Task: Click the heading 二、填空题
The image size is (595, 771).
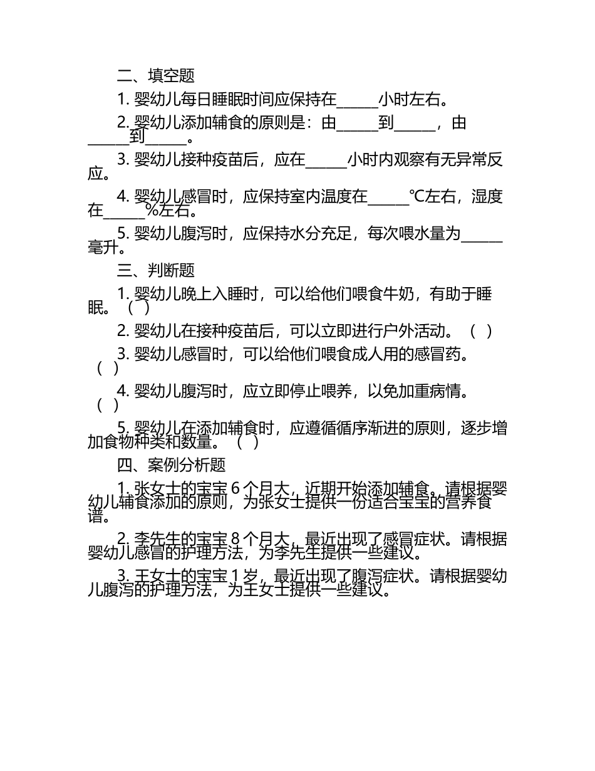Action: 156,76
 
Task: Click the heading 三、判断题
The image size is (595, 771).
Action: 156,270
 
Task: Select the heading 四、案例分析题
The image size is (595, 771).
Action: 172,465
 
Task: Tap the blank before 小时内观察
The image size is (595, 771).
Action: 326,160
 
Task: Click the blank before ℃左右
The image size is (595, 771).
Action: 388,197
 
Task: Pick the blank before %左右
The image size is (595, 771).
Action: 123,211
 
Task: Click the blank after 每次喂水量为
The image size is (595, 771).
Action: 482,234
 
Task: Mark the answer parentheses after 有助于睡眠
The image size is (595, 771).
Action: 138,308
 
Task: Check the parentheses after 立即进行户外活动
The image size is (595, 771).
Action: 481,331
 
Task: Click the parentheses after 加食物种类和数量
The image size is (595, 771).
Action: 248,443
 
